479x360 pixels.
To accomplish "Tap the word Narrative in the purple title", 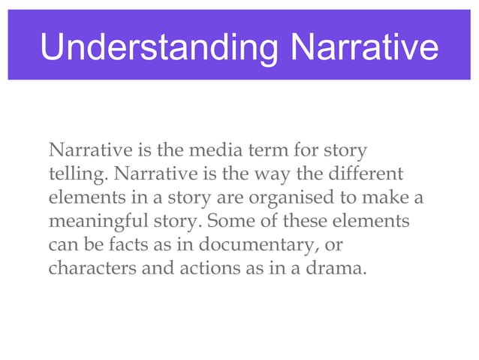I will pos(364,47).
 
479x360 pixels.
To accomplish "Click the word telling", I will pos(72,175).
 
